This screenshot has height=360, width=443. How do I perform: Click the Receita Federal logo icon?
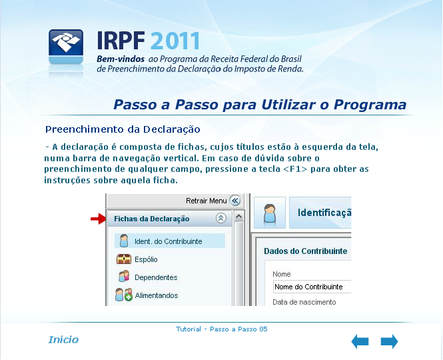tap(66, 47)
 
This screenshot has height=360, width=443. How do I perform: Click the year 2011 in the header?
tap(175, 41)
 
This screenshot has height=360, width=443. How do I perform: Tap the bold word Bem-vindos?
tap(121, 59)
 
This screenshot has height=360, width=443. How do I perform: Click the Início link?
tap(63, 339)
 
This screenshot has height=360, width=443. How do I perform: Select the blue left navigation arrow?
tap(360, 341)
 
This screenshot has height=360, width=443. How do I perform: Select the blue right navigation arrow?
tap(389, 341)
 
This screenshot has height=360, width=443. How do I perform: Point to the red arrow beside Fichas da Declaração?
tap(98, 219)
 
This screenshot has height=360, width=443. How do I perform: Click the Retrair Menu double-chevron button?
tap(234, 201)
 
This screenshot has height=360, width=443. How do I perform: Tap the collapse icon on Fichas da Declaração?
tap(221, 218)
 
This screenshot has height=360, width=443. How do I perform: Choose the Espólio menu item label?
tap(146, 259)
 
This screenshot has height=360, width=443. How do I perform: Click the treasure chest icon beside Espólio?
tap(124, 259)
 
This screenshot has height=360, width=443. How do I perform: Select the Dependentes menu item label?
tap(156, 277)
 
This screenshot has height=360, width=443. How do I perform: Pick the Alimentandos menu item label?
tap(157, 295)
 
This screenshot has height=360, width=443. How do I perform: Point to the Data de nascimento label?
tap(304, 302)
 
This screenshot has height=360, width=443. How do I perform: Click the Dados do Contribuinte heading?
tap(305, 251)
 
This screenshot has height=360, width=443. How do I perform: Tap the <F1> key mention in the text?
tap(295, 169)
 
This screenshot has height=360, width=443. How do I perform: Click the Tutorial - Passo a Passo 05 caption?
tap(221, 329)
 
